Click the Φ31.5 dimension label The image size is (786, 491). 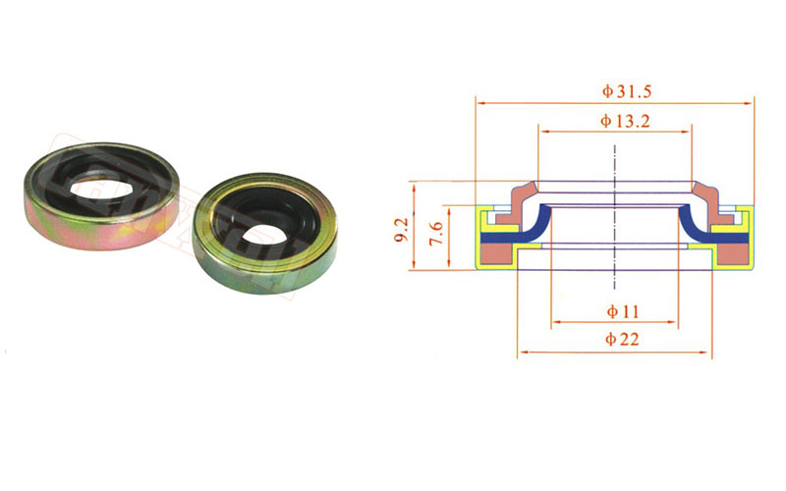click(627, 91)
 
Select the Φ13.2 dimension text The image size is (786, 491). click(625, 121)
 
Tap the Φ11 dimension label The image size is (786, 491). click(623, 311)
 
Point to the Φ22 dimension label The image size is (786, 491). click(622, 339)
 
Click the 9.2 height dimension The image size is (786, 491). click(403, 230)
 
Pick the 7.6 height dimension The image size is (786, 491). click(436, 233)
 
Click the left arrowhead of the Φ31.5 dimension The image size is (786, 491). click(480, 103)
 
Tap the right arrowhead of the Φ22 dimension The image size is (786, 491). click(706, 353)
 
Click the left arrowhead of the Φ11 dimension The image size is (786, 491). click(556, 323)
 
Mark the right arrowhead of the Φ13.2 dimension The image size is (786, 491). click(686, 132)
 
